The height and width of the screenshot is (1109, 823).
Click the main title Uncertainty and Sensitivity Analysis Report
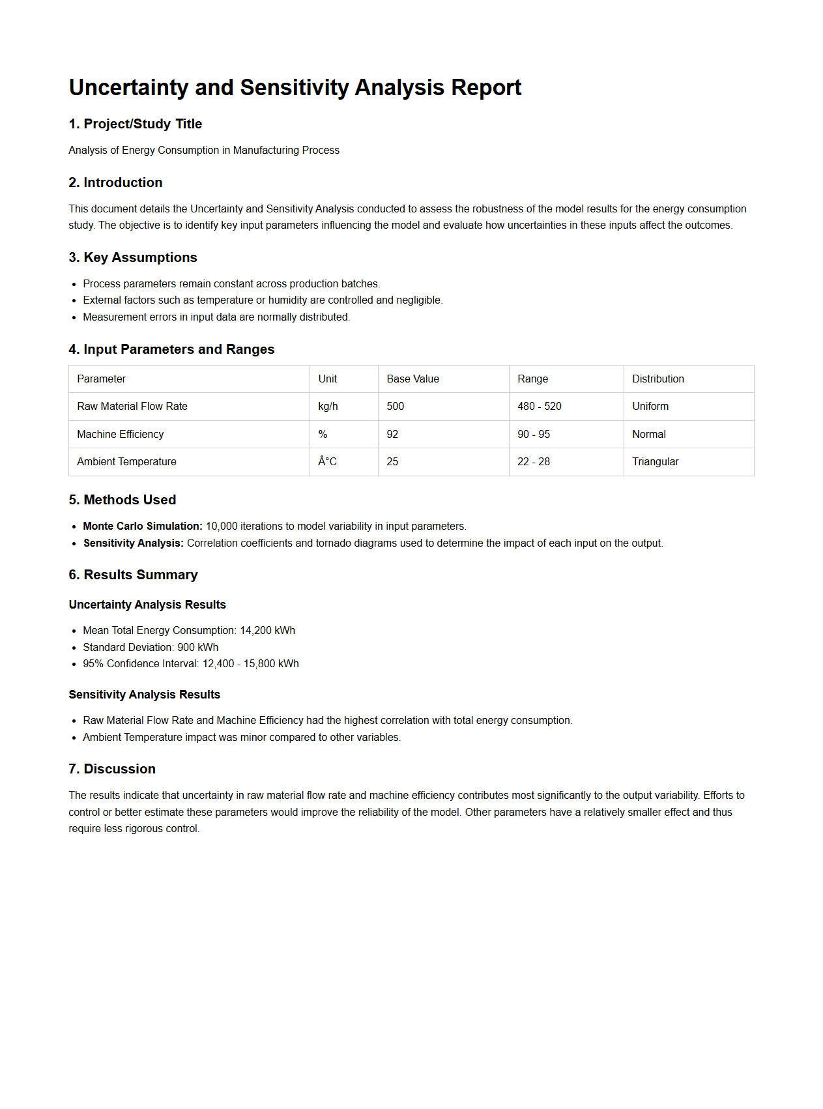coord(295,87)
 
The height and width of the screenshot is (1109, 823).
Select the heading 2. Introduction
coord(115,182)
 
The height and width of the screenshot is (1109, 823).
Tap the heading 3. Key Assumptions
coord(132,257)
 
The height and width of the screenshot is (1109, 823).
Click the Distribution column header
coord(657,379)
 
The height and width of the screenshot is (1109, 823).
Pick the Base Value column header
coord(412,379)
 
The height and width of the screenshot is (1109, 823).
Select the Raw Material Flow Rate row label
coord(132,406)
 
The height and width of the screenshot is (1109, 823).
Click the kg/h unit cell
coord(328,406)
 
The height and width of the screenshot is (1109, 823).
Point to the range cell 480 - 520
coord(539,406)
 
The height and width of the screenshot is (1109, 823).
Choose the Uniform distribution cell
coord(650,406)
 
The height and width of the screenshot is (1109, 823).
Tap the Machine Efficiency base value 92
coord(392,434)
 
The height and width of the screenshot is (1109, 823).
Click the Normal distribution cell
coord(648,434)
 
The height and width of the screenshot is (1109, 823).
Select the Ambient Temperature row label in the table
coord(126,461)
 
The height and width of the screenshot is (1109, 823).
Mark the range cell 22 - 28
coord(533,461)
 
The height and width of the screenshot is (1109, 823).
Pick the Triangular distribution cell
coord(655,461)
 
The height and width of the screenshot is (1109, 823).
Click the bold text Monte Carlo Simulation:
coord(142,526)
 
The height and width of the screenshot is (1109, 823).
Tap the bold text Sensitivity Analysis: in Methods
coord(133,543)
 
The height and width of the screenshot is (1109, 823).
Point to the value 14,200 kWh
coord(267,630)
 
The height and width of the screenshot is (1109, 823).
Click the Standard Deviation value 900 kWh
coord(197,647)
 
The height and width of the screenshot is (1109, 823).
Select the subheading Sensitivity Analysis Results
coord(144,695)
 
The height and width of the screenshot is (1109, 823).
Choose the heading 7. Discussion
coord(111,769)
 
